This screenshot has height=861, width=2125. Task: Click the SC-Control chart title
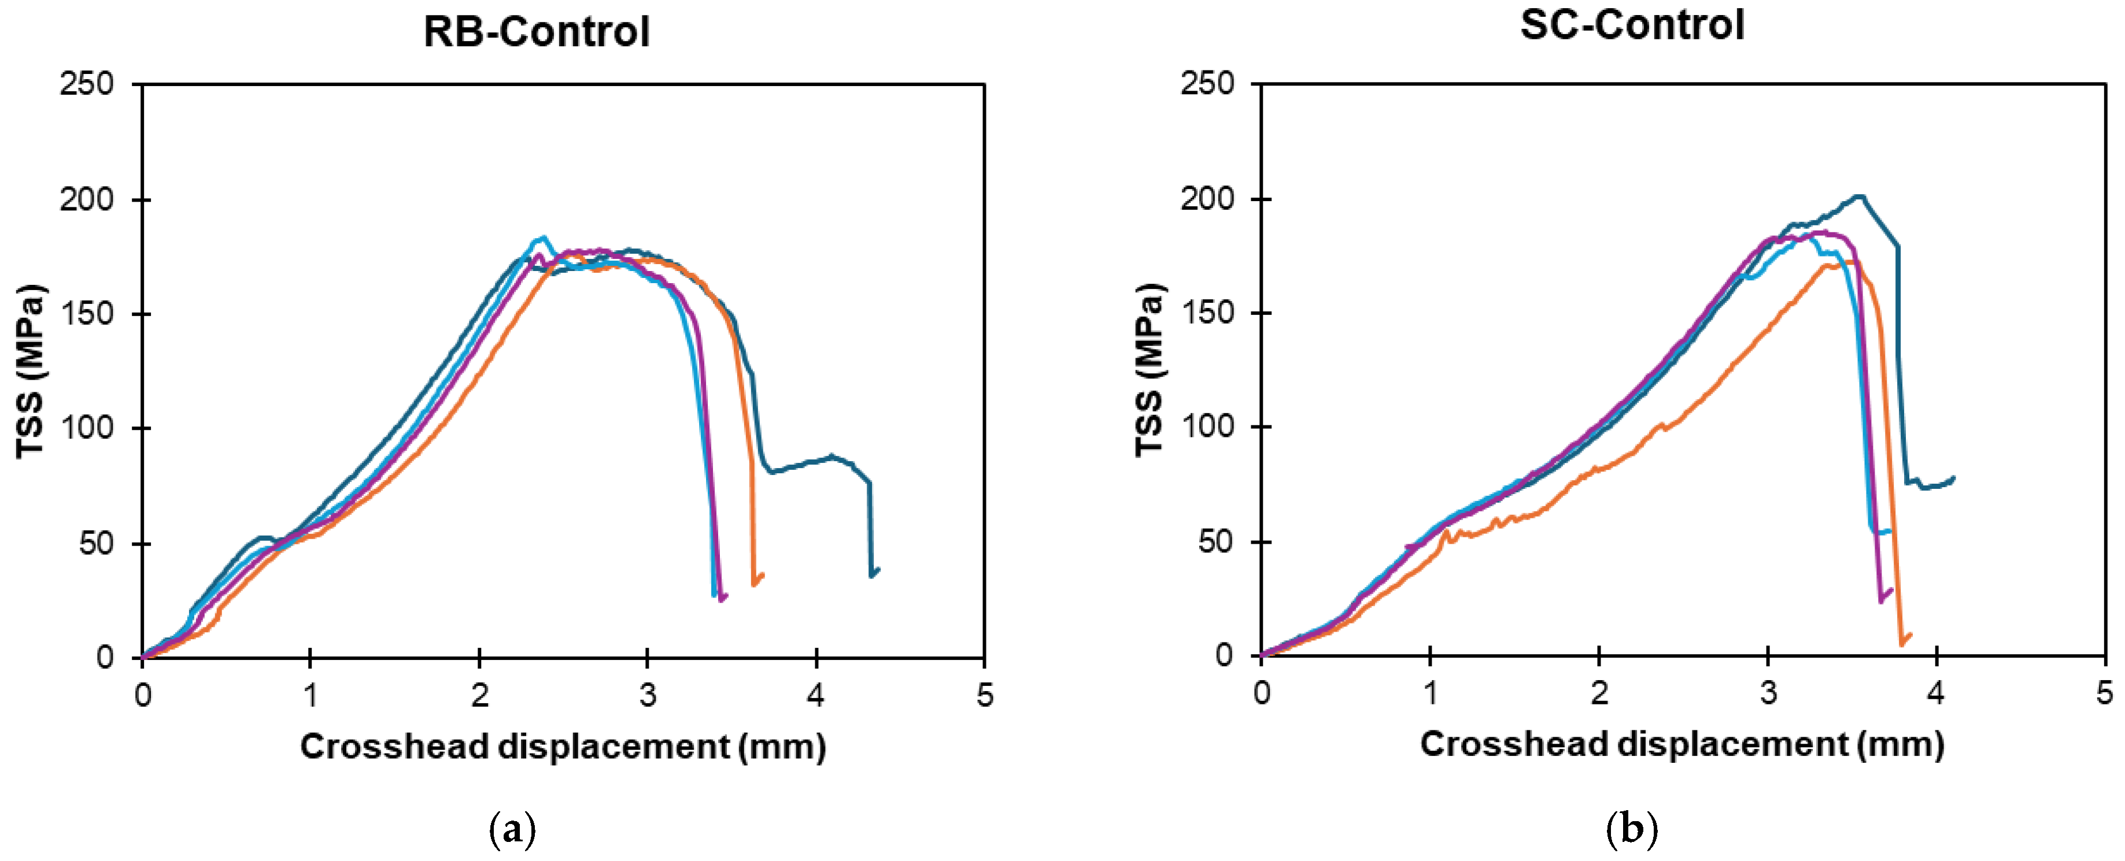(1632, 25)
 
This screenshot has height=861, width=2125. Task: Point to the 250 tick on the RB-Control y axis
(87, 84)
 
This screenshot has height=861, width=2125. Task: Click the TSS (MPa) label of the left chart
(31, 371)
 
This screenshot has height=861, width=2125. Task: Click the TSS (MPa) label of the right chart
(1150, 369)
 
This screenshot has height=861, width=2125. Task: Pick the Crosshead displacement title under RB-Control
(563, 747)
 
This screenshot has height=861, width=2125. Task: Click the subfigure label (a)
(512, 829)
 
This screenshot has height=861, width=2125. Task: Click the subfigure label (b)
(1632, 829)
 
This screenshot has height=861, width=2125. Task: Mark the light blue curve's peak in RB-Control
(541, 238)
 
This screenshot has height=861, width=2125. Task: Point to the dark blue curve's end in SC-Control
(1953, 477)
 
